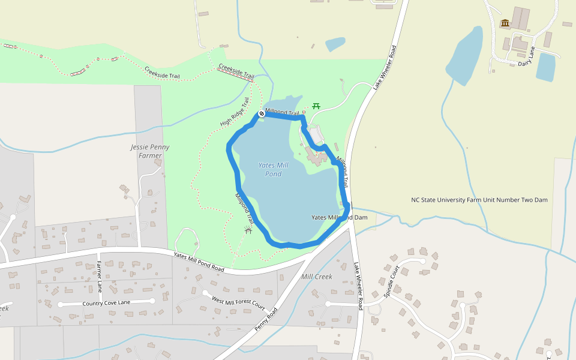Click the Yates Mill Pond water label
(273, 169)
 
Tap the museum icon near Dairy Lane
(505, 23)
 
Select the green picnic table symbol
(316, 106)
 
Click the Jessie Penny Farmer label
(150, 151)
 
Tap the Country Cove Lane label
(107, 303)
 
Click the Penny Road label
(267, 319)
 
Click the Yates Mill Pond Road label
(199, 262)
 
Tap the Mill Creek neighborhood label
(317, 277)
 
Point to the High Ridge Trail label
(235, 112)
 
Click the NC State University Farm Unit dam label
(479, 200)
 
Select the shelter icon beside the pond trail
(248, 230)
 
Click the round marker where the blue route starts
(262, 114)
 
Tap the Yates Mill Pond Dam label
(339, 217)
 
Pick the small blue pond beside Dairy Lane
(545, 67)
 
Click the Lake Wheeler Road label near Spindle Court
(358, 286)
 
